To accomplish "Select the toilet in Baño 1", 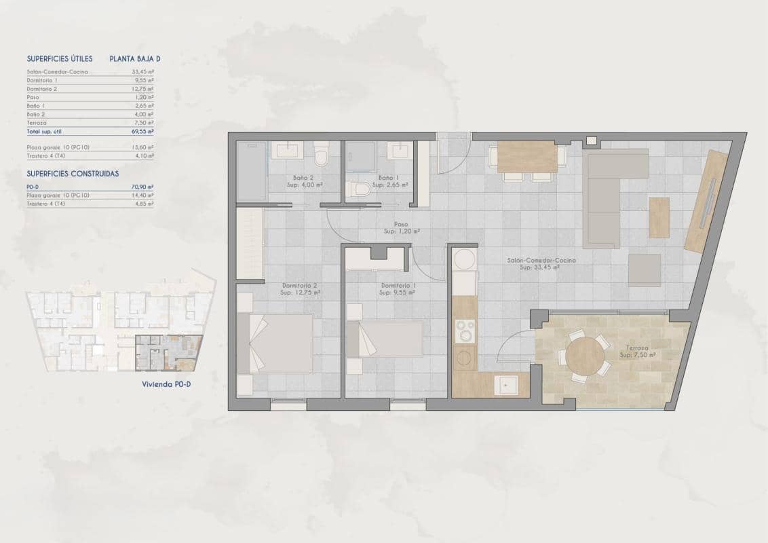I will [x=358, y=189].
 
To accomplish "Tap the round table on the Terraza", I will [x=584, y=356].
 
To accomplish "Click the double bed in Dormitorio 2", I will [x=275, y=342].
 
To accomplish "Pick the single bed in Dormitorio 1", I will [x=385, y=338].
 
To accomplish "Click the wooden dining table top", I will [x=526, y=158].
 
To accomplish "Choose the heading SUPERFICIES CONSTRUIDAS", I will [x=73, y=174].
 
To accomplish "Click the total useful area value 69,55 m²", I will [x=142, y=132].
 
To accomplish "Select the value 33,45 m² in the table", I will [x=142, y=71].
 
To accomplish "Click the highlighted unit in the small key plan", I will [x=168, y=353].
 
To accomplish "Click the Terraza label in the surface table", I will [x=37, y=124].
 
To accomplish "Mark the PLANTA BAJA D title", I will [x=135, y=58].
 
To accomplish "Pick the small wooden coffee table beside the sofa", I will [x=659, y=217].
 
